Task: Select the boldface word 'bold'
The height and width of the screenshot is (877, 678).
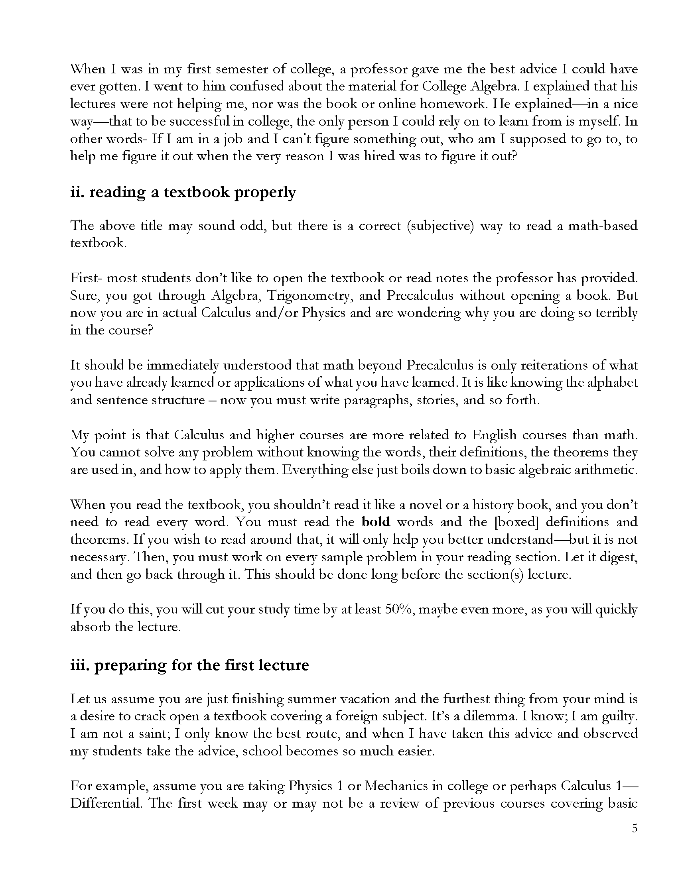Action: (376, 522)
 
